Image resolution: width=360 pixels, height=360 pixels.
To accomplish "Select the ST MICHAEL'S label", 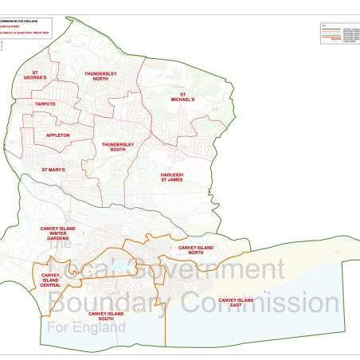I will coord(182,96).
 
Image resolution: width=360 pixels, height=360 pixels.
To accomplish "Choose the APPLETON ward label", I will coord(59,135).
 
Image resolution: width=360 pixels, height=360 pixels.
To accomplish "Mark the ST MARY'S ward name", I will coord(53,170).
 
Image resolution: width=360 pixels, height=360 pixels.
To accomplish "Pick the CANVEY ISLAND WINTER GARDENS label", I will coord(60,233).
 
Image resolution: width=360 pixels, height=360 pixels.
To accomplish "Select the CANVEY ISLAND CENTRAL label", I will coord(50,280).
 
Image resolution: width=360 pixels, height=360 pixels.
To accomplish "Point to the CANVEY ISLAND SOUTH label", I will coord(105,316).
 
